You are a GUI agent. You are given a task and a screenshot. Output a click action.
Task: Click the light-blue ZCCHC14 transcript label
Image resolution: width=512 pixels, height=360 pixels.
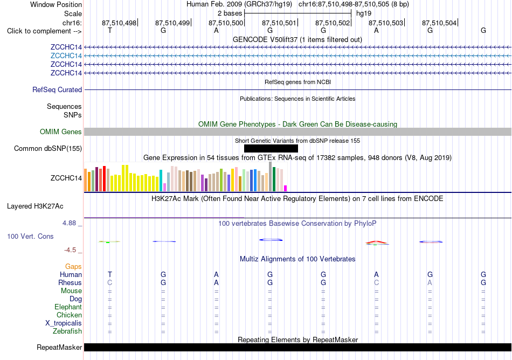[66, 56]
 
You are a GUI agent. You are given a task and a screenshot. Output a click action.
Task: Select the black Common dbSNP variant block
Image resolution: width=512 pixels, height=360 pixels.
[271, 149]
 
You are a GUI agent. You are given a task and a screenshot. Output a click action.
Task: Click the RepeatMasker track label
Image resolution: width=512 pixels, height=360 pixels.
[59, 347]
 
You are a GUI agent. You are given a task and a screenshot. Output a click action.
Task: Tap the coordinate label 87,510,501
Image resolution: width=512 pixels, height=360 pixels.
[279, 23]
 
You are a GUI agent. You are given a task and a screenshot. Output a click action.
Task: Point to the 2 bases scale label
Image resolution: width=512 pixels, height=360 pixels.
[230, 13]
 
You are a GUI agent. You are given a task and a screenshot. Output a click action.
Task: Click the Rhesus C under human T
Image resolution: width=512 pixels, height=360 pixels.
[110, 282]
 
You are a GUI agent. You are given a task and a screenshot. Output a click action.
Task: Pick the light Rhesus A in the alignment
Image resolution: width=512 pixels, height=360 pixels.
[430, 282]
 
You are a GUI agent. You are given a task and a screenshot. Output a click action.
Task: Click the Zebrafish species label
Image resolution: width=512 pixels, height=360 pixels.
[67, 331]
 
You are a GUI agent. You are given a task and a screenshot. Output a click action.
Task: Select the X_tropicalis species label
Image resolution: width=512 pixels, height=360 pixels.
[64, 323]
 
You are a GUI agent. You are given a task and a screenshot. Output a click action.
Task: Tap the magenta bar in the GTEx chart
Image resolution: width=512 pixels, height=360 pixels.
[286, 188]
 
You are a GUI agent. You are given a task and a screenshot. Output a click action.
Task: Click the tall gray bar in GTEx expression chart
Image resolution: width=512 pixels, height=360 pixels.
[271, 177]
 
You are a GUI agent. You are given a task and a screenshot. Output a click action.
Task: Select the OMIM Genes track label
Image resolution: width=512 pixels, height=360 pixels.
[61, 132]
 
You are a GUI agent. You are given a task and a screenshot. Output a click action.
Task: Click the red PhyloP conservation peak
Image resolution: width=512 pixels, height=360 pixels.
[376, 242]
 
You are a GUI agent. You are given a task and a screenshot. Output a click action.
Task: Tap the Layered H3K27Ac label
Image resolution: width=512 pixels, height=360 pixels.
[35, 206]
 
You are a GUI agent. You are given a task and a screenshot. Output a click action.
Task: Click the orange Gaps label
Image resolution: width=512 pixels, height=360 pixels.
[73, 267]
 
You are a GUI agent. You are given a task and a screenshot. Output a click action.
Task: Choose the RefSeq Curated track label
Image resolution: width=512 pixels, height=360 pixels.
[57, 90]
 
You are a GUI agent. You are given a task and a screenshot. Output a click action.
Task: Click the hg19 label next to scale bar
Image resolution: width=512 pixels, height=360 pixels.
[364, 13]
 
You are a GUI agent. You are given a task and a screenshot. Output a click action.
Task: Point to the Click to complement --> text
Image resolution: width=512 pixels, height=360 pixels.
[44, 31]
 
